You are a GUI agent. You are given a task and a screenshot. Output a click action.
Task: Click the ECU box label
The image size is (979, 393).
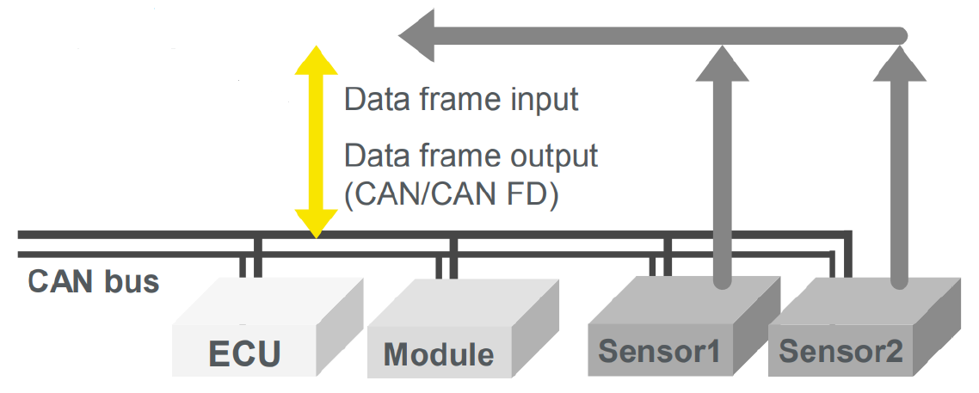click(245, 353)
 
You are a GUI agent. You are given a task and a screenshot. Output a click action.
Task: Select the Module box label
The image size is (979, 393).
click(439, 354)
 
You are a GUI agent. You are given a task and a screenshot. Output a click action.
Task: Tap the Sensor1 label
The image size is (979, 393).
click(661, 352)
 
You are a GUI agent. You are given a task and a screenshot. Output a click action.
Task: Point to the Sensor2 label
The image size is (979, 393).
click(841, 352)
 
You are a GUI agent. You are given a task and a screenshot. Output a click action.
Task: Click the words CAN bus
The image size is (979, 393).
click(94, 281)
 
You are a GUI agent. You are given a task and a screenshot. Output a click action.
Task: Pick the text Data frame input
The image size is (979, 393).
click(461, 100)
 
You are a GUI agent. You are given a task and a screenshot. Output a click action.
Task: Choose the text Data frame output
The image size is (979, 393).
click(471, 157)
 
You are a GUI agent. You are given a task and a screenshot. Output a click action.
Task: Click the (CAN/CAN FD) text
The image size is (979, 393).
click(452, 195)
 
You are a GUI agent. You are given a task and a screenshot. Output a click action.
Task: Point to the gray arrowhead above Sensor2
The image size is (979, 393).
click(900, 64)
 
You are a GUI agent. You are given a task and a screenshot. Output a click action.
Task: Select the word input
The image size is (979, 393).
click(543, 101)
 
